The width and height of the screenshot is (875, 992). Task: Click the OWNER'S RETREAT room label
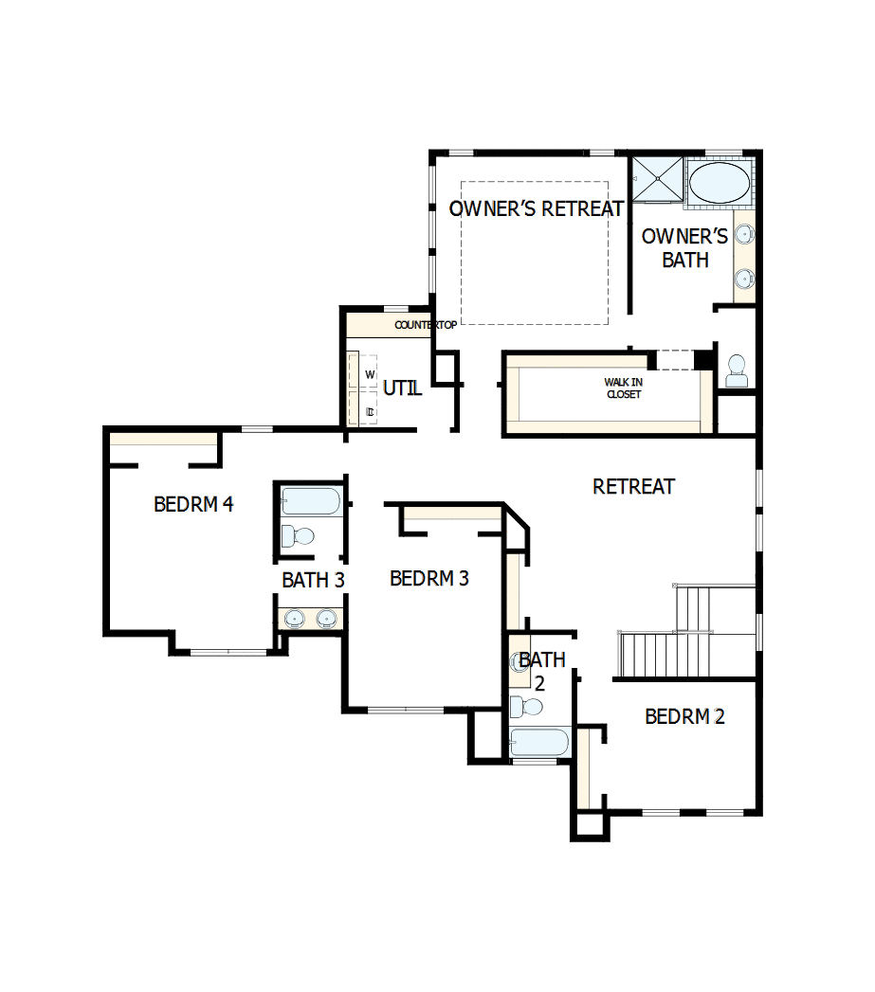tap(536, 208)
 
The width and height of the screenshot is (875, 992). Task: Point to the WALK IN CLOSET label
tap(623, 388)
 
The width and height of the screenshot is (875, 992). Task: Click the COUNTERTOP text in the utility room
tap(426, 325)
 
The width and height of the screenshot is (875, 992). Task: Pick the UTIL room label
tap(402, 388)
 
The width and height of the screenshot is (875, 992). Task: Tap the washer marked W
tap(368, 373)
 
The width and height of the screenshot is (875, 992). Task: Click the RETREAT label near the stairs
tap(633, 487)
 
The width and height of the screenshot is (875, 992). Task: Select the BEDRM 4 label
tap(193, 504)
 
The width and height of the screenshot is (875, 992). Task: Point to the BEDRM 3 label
tap(428, 578)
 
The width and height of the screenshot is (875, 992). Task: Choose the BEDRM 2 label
tap(684, 716)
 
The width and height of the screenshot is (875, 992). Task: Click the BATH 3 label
tap(313, 580)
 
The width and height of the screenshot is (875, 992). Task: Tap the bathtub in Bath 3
tap(311, 501)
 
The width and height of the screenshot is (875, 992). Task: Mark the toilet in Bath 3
tap(299, 537)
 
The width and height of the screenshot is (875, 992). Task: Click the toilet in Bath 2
tap(526, 707)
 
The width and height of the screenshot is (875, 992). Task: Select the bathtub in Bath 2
tap(539, 742)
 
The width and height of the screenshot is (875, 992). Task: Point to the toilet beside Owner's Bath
tap(737, 370)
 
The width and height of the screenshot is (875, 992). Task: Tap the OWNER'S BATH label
tap(684, 247)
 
